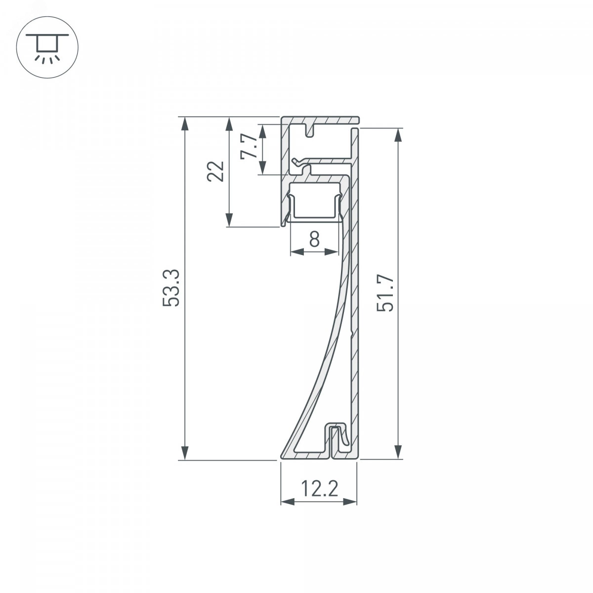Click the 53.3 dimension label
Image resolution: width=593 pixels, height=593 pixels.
coord(171,288)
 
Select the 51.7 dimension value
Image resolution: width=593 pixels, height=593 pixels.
coord(385,293)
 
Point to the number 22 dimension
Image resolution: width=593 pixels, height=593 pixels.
coord(215,171)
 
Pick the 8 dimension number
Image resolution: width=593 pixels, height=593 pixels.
coord(314,239)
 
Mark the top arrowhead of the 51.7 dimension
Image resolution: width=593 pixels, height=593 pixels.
coord(398,135)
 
